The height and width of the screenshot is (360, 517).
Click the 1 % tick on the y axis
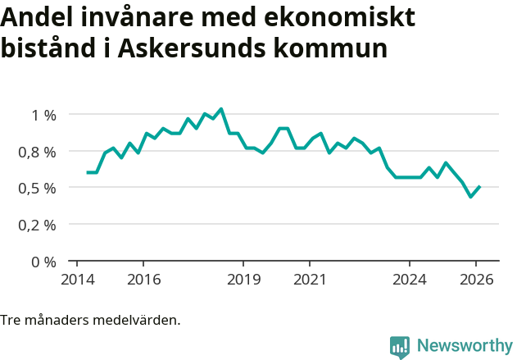tap(44, 115)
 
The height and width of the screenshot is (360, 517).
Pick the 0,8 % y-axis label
tap(38, 152)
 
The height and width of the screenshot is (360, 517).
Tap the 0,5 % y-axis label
tap(38, 188)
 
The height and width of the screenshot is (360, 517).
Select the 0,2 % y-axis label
tap(38, 224)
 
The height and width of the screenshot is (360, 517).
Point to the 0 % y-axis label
tap(44, 262)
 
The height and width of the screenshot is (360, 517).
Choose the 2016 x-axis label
tap(143, 279)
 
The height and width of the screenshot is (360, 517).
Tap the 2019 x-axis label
tap(243, 279)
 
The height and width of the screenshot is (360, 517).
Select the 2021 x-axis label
tap(310, 279)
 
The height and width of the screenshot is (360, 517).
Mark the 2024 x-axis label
tap(410, 279)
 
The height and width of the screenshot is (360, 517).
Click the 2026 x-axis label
tap(477, 279)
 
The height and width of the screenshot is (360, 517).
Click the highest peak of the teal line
tap(221, 109)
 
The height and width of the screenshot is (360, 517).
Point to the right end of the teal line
tap(479, 187)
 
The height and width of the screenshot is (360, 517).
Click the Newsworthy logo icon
tap(400, 347)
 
